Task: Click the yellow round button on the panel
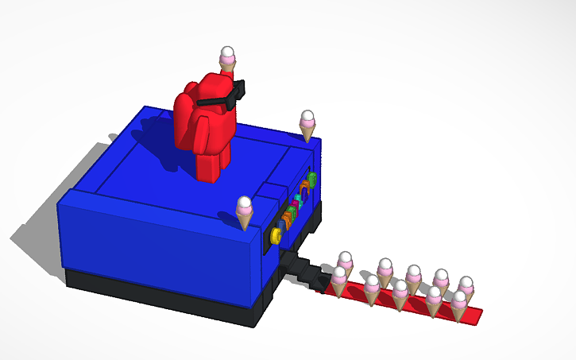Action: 276,235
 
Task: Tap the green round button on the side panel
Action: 312,179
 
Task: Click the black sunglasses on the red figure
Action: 226,97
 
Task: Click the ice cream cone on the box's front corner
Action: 245,213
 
